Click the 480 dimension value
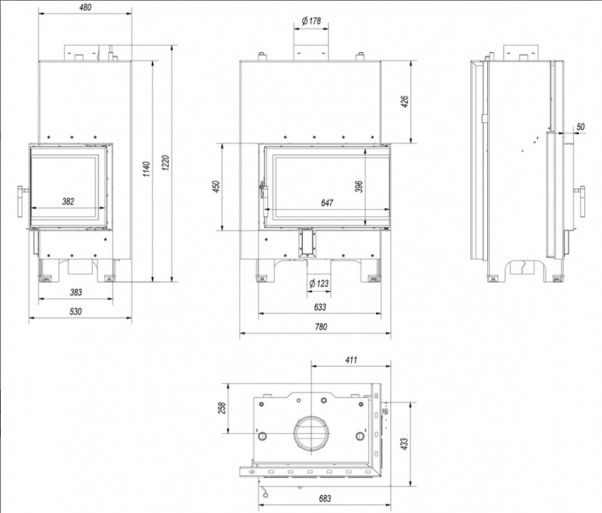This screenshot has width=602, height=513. tap(85, 8)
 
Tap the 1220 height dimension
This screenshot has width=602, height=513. tap(166, 169)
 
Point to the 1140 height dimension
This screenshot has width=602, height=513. tap(145, 169)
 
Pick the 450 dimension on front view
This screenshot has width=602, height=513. tap(216, 187)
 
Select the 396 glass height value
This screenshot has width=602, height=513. tap(360, 186)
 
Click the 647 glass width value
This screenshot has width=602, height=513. tap(327, 203)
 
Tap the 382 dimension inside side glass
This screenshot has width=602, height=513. tap(68, 202)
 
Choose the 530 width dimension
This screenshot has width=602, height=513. tap(76, 311)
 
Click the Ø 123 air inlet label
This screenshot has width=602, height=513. tap(319, 283)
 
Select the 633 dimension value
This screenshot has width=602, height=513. tap(319, 307)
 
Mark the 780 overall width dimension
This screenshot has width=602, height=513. tap(321, 327)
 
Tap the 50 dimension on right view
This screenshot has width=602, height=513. tap(580, 126)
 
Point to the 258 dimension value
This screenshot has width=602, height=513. tap(222, 407)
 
